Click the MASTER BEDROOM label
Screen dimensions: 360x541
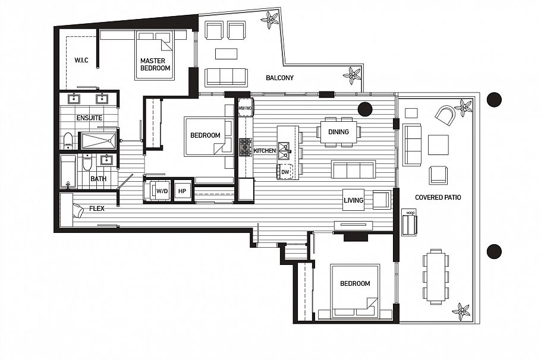pos(155,64)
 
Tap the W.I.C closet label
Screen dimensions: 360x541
pos(81,60)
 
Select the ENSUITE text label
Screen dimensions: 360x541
pos(89,118)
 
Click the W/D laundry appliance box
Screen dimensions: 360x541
pos(161,191)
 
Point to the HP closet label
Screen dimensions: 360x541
pos(183,191)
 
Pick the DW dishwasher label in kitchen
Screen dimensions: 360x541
pos(285,172)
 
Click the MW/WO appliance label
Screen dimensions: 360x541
pos(245,109)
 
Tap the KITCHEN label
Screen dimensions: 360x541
pos(265,151)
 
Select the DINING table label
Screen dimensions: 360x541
pos(339,132)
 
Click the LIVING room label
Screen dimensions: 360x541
pos(353,200)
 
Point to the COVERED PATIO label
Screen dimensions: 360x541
pos(438,197)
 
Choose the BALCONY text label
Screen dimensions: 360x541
pos(279,78)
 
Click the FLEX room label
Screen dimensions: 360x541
pos(97,209)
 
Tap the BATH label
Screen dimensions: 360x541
pos(98,178)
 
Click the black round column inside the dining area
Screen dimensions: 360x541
pos(364,109)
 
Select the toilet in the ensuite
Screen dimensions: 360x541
pos(68,141)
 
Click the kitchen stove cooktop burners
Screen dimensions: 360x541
pos(245,147)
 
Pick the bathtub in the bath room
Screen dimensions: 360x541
pos(68,172)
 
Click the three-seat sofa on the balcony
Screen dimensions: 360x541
pos(226,77)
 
